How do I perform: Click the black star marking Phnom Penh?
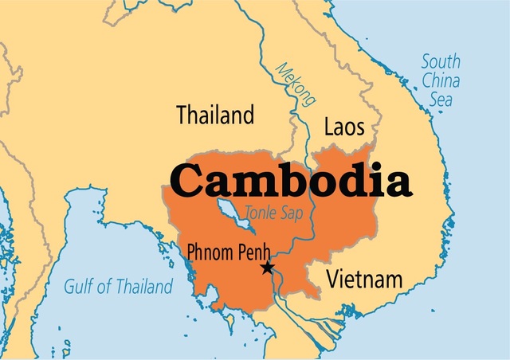(267, 268)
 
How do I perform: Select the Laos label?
(344, 127)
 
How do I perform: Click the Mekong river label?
(292, 84)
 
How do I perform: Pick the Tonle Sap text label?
(275, 213)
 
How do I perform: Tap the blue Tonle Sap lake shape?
(231, 217)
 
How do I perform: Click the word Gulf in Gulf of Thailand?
(80, 287)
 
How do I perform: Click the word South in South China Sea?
(441, 61)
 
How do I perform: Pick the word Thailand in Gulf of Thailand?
(143, 287)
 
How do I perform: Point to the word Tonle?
(261, 213)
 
